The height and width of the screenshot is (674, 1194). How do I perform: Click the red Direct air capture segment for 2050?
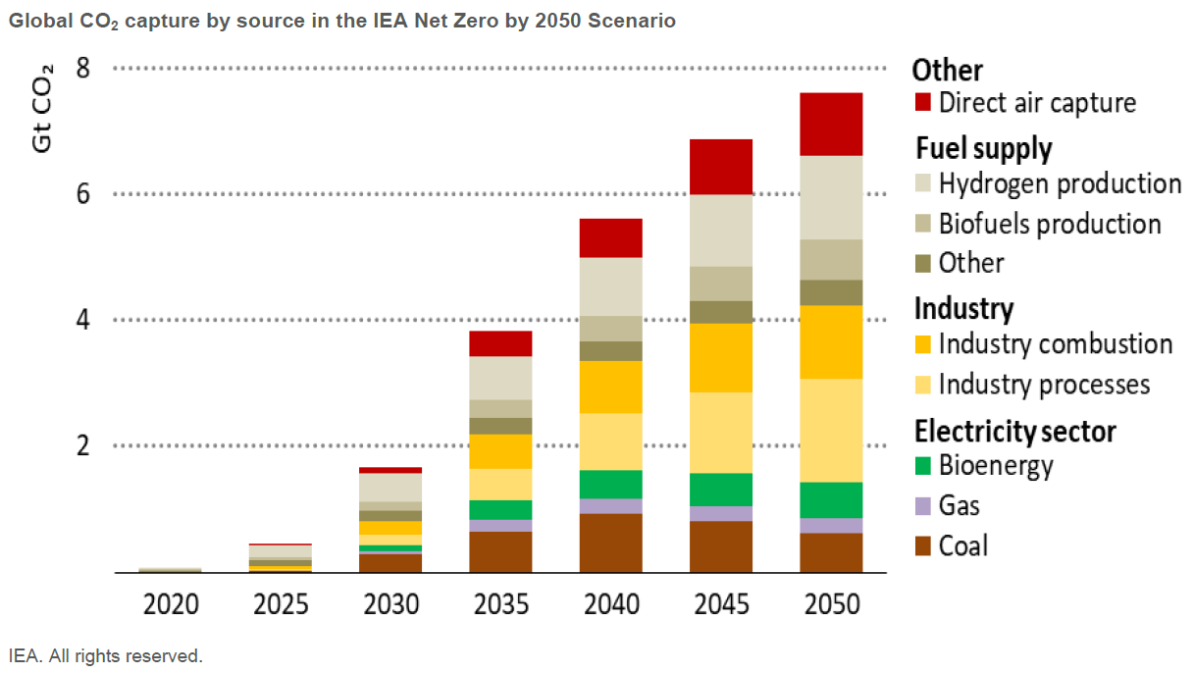830,124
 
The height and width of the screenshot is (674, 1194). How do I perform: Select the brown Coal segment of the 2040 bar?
610,543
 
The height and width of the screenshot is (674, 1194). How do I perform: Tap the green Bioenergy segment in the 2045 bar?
720,490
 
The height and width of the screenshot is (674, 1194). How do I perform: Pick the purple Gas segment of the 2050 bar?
830,525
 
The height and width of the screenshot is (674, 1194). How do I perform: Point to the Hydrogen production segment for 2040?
610,286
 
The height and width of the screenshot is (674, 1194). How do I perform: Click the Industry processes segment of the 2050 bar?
830,430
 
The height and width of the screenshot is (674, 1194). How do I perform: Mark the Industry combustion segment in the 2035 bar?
500,451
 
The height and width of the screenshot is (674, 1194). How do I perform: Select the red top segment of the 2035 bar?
500,343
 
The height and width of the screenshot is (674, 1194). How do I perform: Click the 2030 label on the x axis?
390,603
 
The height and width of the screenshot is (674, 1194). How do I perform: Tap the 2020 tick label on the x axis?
171,603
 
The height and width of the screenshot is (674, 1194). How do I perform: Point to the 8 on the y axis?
82,69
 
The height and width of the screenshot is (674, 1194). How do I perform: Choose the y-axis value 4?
82,320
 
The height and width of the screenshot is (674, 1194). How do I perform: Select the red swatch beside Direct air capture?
922,103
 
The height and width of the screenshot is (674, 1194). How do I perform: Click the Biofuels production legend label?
1049,224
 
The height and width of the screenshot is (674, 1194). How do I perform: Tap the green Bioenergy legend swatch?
922,465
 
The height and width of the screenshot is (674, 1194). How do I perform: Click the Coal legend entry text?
962,545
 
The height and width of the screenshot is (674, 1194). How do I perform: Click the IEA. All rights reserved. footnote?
105,655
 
